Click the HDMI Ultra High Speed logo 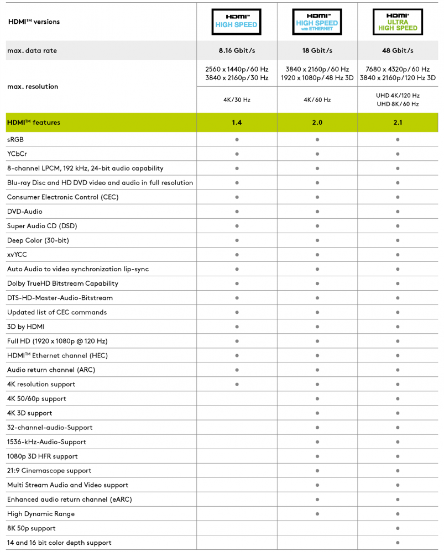point(398,22)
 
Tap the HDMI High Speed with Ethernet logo point(317,22)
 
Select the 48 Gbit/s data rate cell point(398,51)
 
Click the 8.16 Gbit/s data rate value point(236,51)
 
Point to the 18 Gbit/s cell point(317,51)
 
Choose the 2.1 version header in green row point(398,122)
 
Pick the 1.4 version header point(236,122)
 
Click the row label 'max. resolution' point(33,87)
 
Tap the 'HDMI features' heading point(34,122)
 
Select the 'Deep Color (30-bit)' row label point(38,240)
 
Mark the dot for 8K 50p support point(398,528)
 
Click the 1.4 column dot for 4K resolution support point(237,384)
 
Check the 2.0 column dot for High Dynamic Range point(317,514)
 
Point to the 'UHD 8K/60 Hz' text point(398,104)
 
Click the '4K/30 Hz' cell point(236,100)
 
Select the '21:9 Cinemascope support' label point(49,471)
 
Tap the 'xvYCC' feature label point(17,255)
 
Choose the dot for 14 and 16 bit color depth point(398,543)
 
